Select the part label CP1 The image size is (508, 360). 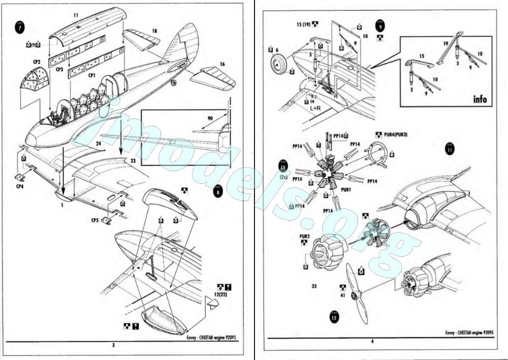(92, 75)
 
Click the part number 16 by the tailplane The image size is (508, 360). (222, 64)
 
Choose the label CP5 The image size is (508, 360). (94, 221)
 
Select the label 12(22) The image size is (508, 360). (221, 295)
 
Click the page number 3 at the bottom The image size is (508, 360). (113, 345)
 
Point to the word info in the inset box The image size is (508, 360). (479, 99)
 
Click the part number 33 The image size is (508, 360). (314, 286)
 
